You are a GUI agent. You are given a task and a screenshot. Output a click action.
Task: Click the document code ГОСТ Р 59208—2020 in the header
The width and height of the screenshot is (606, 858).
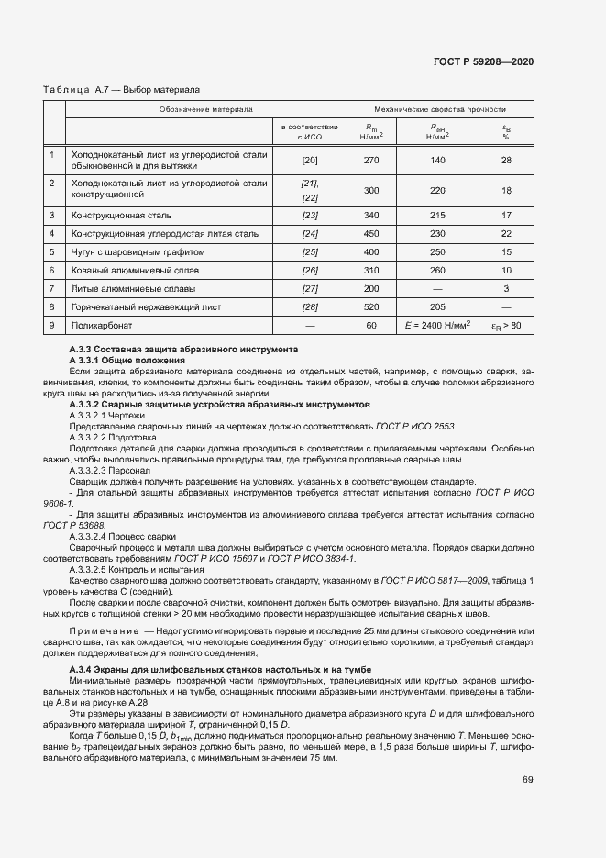482,61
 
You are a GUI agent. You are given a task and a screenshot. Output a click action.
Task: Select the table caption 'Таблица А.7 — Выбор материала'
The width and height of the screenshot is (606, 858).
122,90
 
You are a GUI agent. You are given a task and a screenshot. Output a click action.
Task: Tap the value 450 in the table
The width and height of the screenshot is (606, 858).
371,233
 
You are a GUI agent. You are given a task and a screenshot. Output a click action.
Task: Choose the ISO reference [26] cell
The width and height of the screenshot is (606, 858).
310,270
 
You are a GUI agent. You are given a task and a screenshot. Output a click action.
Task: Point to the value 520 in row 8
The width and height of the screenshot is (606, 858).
371,306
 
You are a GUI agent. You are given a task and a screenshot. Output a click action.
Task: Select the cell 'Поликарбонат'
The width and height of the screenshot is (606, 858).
103,325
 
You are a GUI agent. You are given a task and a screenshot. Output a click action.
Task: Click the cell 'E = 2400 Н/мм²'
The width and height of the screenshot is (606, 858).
437,325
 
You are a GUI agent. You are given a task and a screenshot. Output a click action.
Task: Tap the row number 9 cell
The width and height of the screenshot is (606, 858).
53,325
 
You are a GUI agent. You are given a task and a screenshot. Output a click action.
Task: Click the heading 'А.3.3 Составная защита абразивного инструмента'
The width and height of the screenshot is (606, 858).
183,351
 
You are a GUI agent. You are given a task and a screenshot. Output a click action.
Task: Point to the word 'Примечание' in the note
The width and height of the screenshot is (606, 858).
105,631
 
